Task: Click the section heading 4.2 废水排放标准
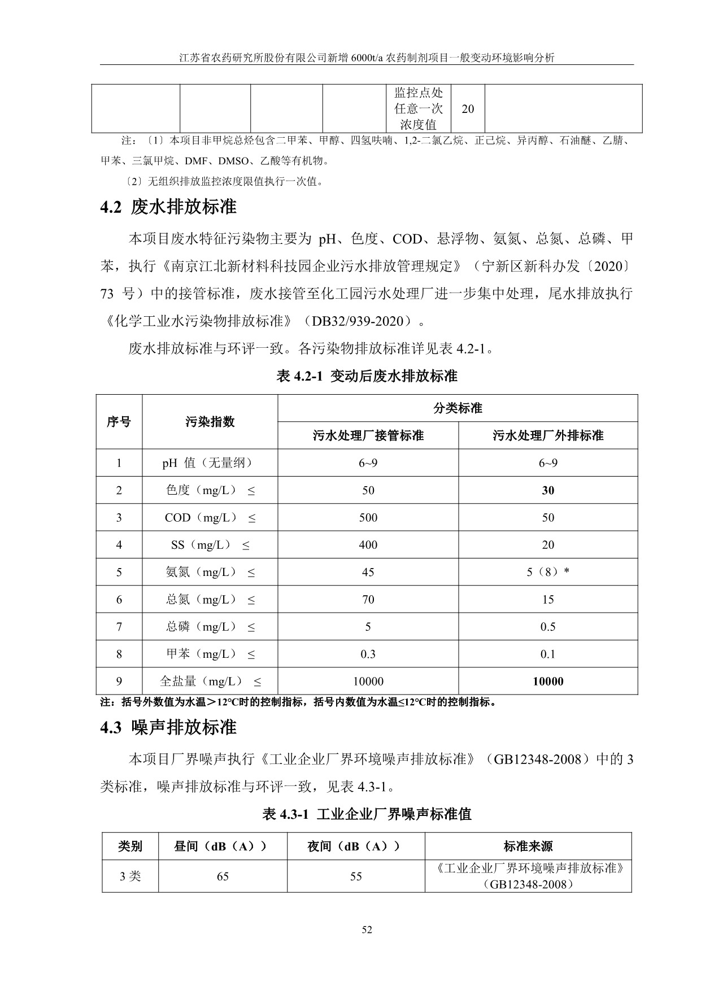168,207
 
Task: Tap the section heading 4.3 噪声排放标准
168,727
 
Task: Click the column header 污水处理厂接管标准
368,435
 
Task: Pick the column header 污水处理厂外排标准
548,435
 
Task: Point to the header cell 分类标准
458,408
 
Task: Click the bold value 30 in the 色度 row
548,490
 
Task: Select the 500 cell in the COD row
368,518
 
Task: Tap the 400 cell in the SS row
368,545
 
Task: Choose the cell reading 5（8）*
548,572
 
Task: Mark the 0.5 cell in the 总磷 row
548,627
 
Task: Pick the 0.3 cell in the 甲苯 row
368,654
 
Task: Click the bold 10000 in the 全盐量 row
548,682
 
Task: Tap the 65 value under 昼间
223,876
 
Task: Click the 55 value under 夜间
356,876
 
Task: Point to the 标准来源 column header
528,846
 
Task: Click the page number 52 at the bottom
367,930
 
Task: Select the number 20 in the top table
468,109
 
